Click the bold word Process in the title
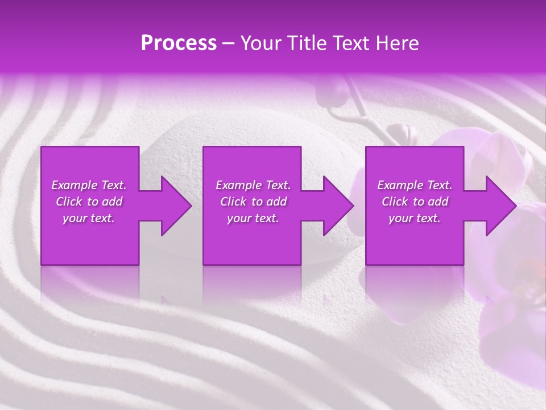click(179, 43)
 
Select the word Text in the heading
click(351, 43)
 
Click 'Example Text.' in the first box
click(89, 185)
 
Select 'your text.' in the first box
click(89, 218)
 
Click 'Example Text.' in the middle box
click(253, 185)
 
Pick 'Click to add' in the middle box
click(253, 202)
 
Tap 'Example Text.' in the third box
click(415, 185)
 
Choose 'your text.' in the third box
click(415, 218)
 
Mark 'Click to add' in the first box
click(89, 202)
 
